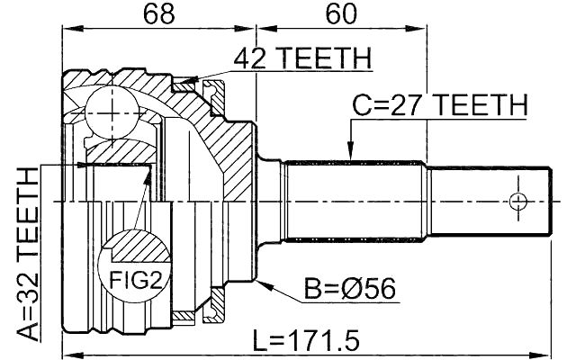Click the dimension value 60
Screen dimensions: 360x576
[x=339, y=14]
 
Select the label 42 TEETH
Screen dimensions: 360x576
[x=301, y=58]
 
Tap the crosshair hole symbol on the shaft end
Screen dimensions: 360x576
[x=517, y=200]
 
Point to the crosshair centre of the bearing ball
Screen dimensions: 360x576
[x=108, y=110]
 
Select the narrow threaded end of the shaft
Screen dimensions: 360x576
[x=486, y=200]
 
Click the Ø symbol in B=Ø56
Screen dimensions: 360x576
[x=351, y=290]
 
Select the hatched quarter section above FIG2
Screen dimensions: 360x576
[x=135, y=245]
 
